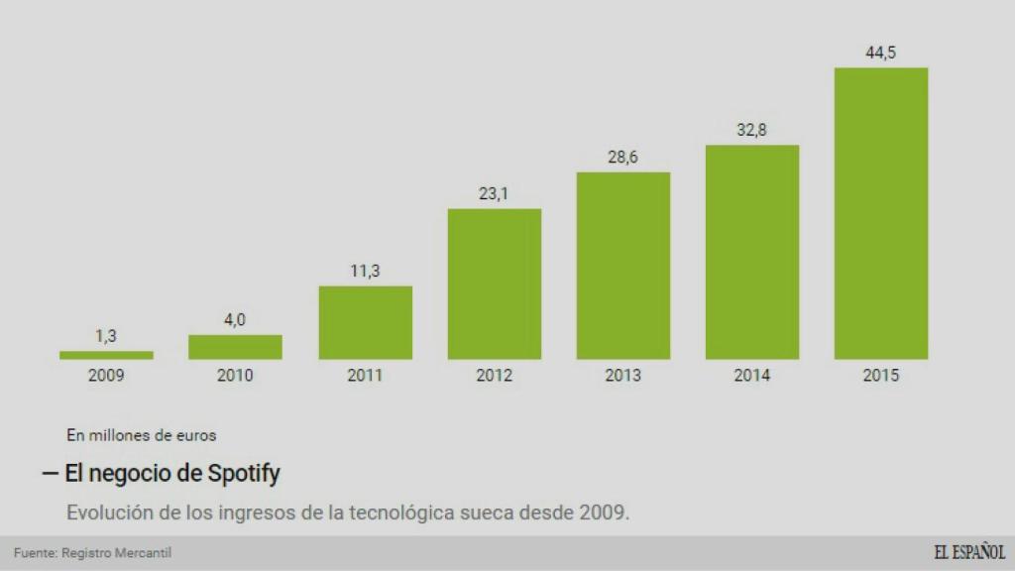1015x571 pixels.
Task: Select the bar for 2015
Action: (880, 213)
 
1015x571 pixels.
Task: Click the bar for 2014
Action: (751, 252)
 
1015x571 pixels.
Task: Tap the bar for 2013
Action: (622, 266)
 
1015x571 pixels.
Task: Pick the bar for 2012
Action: (494, 284)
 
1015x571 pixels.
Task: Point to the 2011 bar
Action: (365, 322)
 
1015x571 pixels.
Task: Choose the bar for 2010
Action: (235, 347)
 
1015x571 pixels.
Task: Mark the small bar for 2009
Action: (106, 355)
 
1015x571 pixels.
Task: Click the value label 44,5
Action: (880, 53)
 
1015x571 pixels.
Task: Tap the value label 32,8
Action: (751, 130)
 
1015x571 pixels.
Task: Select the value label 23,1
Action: (494, 193)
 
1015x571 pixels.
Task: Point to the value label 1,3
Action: (106, 336)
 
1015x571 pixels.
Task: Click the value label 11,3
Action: (365, 271)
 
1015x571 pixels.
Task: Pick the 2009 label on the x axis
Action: (106, 376)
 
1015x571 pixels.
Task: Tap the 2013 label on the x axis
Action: (622, 376)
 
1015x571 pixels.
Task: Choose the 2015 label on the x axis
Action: (880, 376)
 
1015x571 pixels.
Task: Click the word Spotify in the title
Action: (244, 474)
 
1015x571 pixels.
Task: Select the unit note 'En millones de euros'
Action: (142, 434)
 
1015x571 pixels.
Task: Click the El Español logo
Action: (968, 553)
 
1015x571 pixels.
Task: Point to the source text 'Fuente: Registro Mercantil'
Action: (85, 553)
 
